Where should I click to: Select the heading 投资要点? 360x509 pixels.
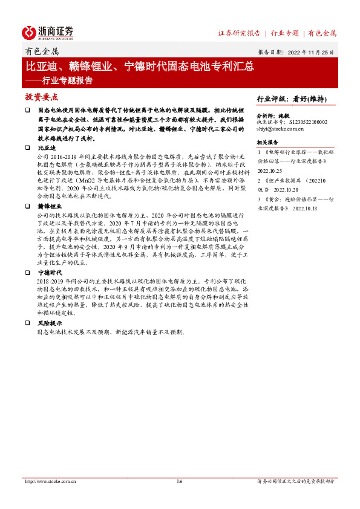pyautogui.click(x=41, y=97)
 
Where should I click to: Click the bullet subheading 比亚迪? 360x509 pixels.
pyautogui.click(x=47, y=148)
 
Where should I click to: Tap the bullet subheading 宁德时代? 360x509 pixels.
pyautogui.click(x=50, y=273)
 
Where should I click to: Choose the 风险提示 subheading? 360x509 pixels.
pyautogui.click(x=50, y=323)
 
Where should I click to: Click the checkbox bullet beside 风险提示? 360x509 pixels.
pyautogui.click(x=27, y=323)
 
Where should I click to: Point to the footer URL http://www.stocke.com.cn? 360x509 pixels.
pyautogui.click(x=50, y=481)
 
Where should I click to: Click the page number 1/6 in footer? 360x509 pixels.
pyautogui.click(x=179, y=481)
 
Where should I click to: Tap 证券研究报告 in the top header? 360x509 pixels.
pyautogui.click(x=239, y=33)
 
